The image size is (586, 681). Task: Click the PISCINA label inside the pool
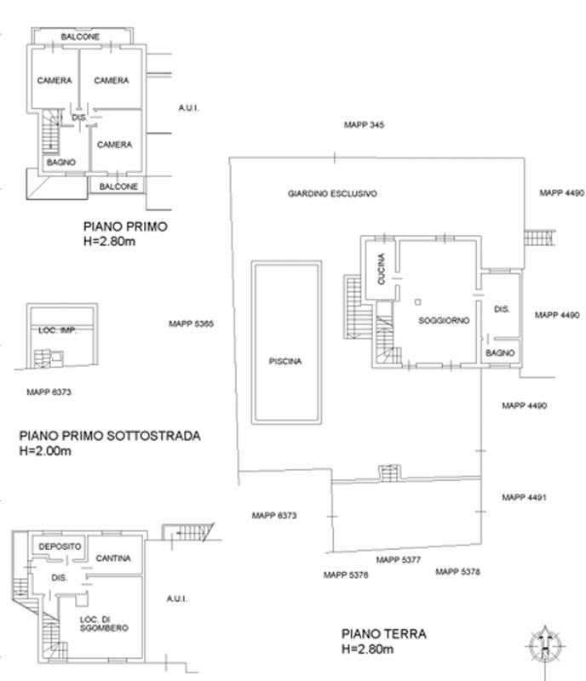[x=285, y=361]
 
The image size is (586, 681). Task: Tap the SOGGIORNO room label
[x=444, y=321]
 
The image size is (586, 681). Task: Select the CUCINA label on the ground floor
[x=382, y=269]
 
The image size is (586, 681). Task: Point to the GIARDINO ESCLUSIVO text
[x=332, y=194]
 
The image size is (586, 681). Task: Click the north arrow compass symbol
[x=545, y=646]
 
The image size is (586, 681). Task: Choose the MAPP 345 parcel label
[x=364, y=125]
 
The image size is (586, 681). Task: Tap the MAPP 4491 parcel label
[x=525, y=497]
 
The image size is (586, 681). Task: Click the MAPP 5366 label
[x=192, y=323]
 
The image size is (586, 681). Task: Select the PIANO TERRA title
[x=384, y=634]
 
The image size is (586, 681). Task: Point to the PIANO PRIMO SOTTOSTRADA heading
[x=110, y=436]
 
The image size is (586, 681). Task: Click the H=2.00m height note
[x=45, y=451]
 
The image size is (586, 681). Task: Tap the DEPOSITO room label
[x=60, y=547]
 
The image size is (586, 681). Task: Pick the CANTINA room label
[x=113, y=558]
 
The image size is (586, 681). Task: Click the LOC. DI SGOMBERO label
[x=104, y=624]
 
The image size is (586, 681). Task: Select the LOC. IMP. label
[x=58, y=330]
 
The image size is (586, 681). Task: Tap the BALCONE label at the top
[x=80, y=37]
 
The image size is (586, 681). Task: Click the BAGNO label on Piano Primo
[x=61, y=162]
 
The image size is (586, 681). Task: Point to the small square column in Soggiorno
[x=417, y=302]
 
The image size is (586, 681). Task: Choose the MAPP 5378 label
[x=457, y=571]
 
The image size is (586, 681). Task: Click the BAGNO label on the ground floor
[x=500, y=353]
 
